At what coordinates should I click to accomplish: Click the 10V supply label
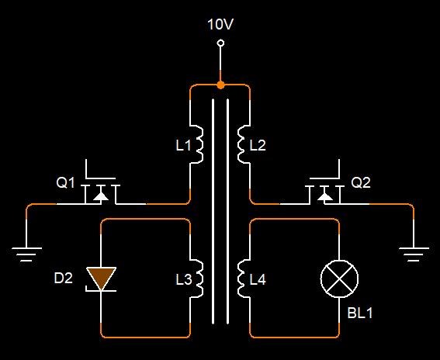pos(220,24)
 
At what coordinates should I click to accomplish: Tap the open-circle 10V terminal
pos(221,43)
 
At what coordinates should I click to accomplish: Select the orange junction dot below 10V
pos(221,85)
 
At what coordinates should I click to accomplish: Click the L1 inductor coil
pos(198,144)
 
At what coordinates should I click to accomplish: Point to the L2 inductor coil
pos(242,144)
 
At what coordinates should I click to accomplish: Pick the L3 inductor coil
pos(198,279)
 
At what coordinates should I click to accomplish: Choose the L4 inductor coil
pos(242,279)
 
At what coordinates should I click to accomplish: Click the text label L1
pos(183,145)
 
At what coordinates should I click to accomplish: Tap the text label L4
pos(258,280)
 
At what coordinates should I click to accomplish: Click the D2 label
pos(63,278)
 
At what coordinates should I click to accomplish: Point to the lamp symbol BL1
pos(339,279)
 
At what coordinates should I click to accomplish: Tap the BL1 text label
pos(360,313)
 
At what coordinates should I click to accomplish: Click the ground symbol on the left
pos(26,254)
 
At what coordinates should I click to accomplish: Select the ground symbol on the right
pos(414,254)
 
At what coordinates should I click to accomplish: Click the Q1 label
pos(65,183)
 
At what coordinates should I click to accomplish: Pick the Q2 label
pos(361,183)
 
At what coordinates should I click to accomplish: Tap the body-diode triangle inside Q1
pos(101,196)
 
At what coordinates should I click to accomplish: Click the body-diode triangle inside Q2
pos(325,196)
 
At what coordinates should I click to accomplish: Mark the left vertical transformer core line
pos(213,211)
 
